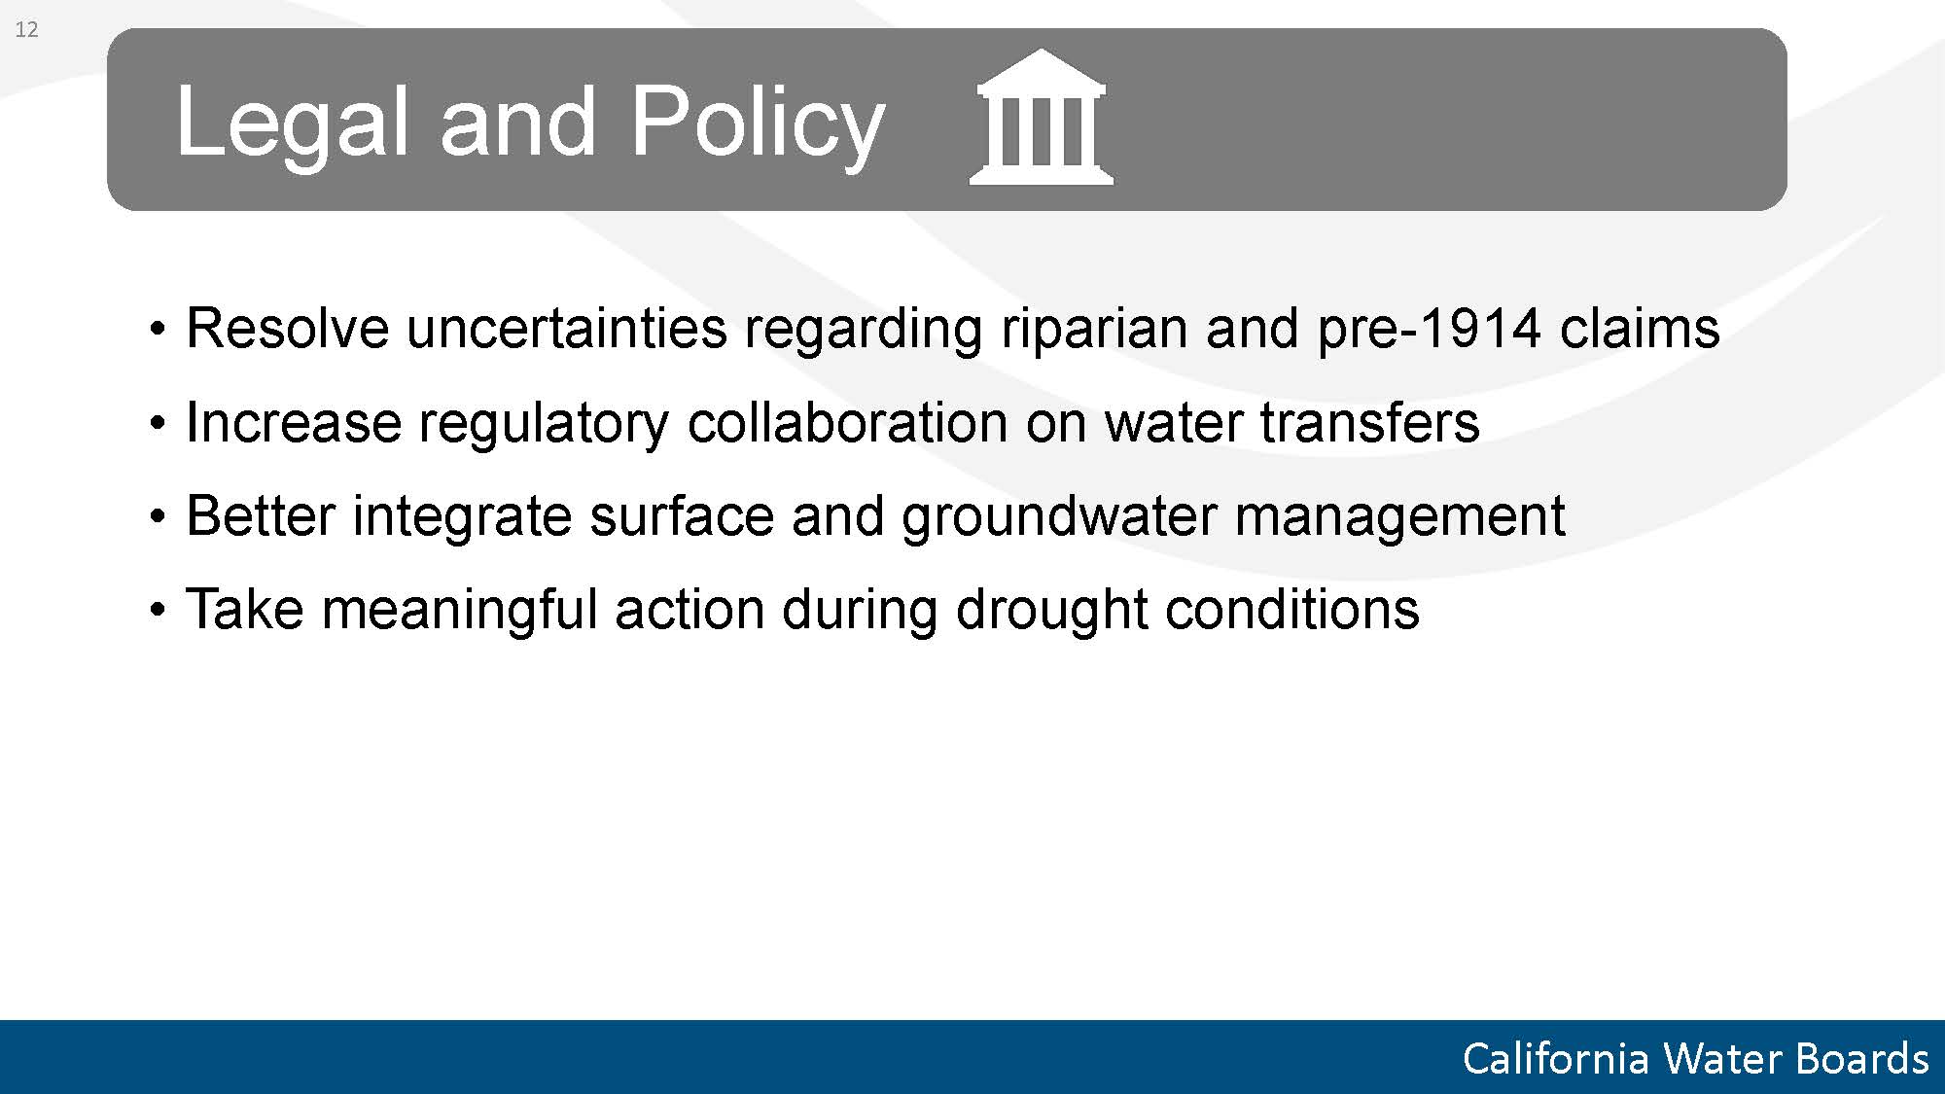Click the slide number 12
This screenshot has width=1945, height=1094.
26,29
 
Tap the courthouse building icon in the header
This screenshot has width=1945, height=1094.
1042,117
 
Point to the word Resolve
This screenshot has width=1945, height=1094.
287,328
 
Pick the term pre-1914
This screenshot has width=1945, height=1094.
1429,330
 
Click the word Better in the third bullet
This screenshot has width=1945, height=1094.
261,515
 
